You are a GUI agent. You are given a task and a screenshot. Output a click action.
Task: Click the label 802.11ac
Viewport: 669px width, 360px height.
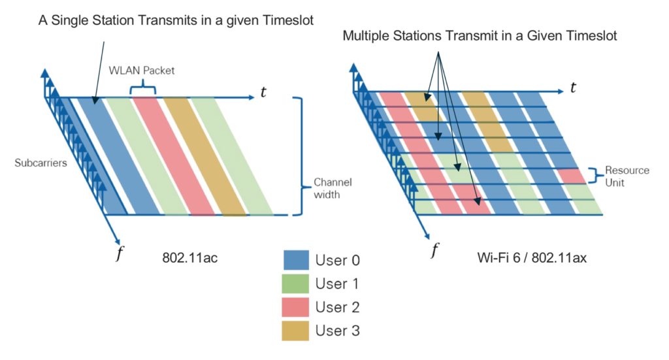click(x=189, y=257)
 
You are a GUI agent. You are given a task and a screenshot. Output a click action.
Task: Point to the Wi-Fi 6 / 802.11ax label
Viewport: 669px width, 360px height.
click(x=532, y=257)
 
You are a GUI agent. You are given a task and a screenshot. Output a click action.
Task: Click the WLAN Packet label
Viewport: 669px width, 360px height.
click(x=152, y=70)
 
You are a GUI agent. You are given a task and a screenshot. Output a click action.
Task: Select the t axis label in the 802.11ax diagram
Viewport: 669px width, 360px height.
click(x=573, y=88)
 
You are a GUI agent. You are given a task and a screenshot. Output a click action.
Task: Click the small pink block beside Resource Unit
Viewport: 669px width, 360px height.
click(x=571, y=175)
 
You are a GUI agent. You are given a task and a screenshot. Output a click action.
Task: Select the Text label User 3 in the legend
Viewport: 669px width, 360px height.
click(x=337, y=331)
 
